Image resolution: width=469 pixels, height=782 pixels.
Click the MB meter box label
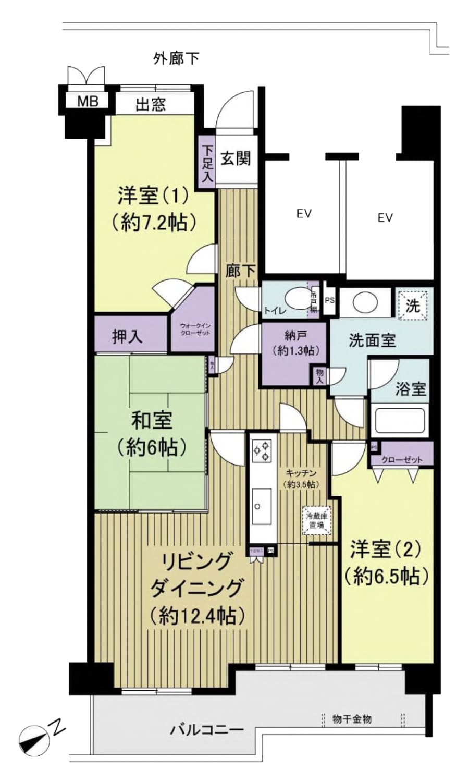[x=88, y=101]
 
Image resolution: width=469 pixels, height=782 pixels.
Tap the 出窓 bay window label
[x=151, y=105]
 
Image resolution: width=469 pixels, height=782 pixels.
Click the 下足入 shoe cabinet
[x=207, y=164]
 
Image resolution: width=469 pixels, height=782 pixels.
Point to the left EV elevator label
[x=304, y=214]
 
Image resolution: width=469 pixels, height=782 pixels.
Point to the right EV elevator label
[x=385, y=218]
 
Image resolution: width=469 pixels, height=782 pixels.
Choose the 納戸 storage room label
[x=294, y=344]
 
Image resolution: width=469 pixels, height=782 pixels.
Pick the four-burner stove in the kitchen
[x=262, y=451]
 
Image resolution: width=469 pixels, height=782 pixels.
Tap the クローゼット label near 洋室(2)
[x=401, y=460]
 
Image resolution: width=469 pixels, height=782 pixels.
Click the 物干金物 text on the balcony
[x=352, y=719]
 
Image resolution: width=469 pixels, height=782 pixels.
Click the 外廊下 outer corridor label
[x=176, y=58]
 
